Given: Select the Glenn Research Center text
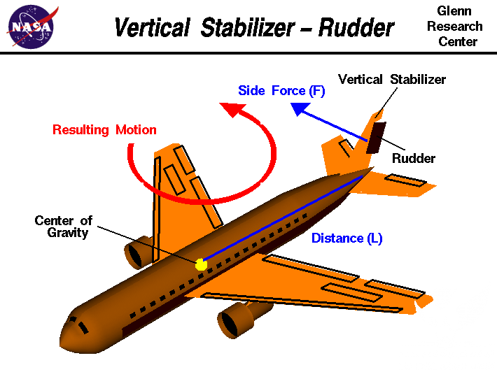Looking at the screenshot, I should [x=455, y=27].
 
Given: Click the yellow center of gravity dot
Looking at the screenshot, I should [x=202, y=264].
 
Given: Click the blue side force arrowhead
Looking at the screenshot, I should [x=300, y=109].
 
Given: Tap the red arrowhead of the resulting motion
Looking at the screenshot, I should [x=230, y=110].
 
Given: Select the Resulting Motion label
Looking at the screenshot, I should [x=104, y=129].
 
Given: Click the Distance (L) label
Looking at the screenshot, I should [x=346, y=238].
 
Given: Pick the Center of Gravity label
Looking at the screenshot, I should [x=63, y=227].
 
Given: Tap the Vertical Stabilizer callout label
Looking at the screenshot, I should [x=392, y=79].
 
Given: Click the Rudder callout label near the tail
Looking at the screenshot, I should [x=413, y=158].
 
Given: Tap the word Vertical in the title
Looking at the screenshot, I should [x=152, y=28].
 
